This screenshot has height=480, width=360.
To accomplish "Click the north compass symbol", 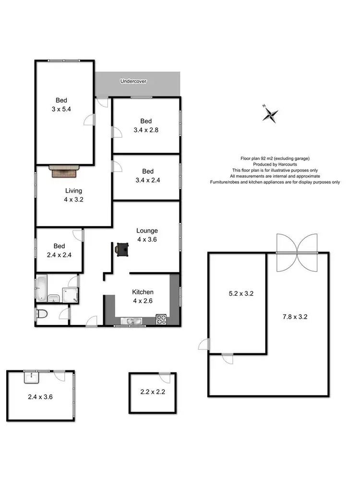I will pyautogui.click(x=271, y=114).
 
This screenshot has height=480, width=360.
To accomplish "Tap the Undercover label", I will pyautogui.click(x=133, y=82).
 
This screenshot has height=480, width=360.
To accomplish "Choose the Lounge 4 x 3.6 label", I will pyautogui.click(x=147, y=235).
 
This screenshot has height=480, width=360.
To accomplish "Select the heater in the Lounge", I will pyautogui.click(x=122, y=249).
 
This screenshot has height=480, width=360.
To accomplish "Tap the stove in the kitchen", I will pyautogui.click(x=160, y=319).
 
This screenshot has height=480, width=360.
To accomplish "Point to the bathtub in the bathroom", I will pyautogui.click(x=41, y=288).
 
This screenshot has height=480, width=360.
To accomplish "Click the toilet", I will pyautogui.click(x=42, y=315).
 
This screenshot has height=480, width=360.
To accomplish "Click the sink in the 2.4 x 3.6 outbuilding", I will pyautogui.click(x=31, y=377).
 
